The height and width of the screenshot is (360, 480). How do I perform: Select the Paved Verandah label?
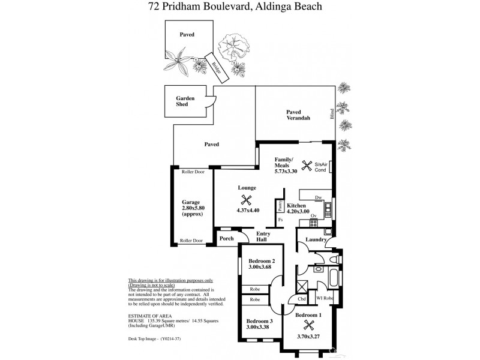pyautogui.click(x=298, y=115)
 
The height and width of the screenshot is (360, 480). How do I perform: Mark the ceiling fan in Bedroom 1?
pyautogui.click(x=310, y=325)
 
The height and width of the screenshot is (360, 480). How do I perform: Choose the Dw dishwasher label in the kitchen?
pyautogui.click(x=319, y=197)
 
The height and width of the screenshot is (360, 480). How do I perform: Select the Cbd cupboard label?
pyautogui.click(x=302, y=298)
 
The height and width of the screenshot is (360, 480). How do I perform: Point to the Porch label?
pyautogui.click(x=226, y=239)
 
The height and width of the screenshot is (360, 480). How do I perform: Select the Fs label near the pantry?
pyautogui.click(x=280, y=221)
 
